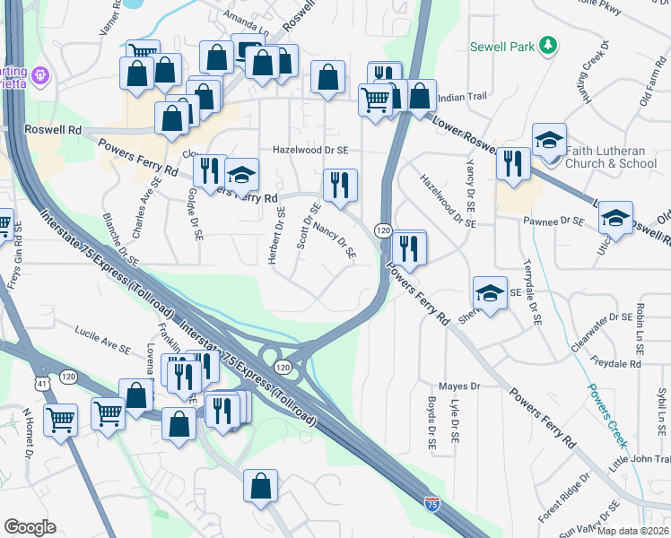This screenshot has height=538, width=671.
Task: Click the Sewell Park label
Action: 502,46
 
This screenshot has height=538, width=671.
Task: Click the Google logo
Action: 30,527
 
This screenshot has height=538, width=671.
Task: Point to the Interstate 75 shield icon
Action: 432,504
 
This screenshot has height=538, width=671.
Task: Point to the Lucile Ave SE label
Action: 103,342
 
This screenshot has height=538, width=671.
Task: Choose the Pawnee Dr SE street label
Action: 558,221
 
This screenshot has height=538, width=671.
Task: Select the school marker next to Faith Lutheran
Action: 549,141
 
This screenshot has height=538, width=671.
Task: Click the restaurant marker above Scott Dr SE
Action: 340,185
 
